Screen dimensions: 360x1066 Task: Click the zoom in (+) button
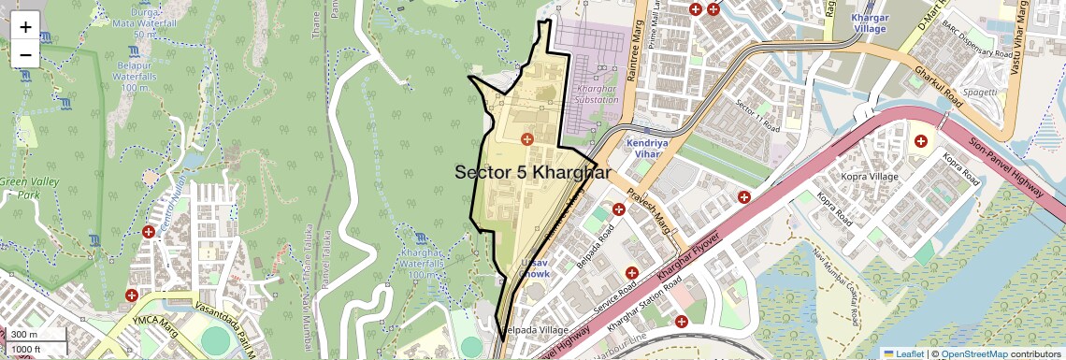pos(25,26)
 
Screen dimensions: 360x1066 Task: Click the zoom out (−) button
pos(25,54)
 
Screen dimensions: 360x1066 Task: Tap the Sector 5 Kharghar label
pos(532,173)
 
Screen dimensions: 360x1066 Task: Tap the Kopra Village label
pos(869,177)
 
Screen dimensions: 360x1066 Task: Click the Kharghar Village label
pos(869,23)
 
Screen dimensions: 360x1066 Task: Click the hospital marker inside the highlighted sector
pos(527,139)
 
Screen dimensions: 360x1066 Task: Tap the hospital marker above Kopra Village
pos(920,141)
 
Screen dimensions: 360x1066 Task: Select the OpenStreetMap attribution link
pos(974,353)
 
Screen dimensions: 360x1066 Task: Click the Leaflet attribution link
pos(903,353)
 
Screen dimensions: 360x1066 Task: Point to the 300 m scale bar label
pos(25,335)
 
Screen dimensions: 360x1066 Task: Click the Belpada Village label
pos(533,330)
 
